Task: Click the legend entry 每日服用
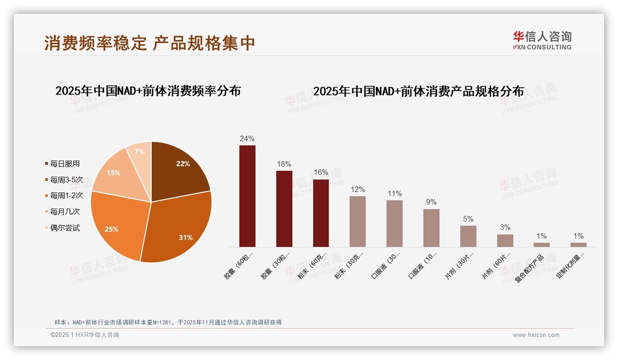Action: (x=65, y=164)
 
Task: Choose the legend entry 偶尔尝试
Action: (x=65, y=228)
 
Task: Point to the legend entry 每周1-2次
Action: (x=66, y=196)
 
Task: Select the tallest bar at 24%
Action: (x=247, y=196)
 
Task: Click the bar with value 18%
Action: (x=284, y=209)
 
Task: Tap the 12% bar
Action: (x=357, y=222)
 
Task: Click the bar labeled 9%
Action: (x=431, y=228)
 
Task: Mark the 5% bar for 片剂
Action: (x=468, y=236)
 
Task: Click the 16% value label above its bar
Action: (x=321, y=173)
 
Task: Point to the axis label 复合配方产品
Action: (x=530, y=268)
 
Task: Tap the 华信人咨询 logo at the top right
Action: (x=542, y=40)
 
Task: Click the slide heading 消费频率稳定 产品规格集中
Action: (x=149, y=43)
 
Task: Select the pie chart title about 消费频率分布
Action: (x=148, y=90)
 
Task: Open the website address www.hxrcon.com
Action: (x=536, y=335)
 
